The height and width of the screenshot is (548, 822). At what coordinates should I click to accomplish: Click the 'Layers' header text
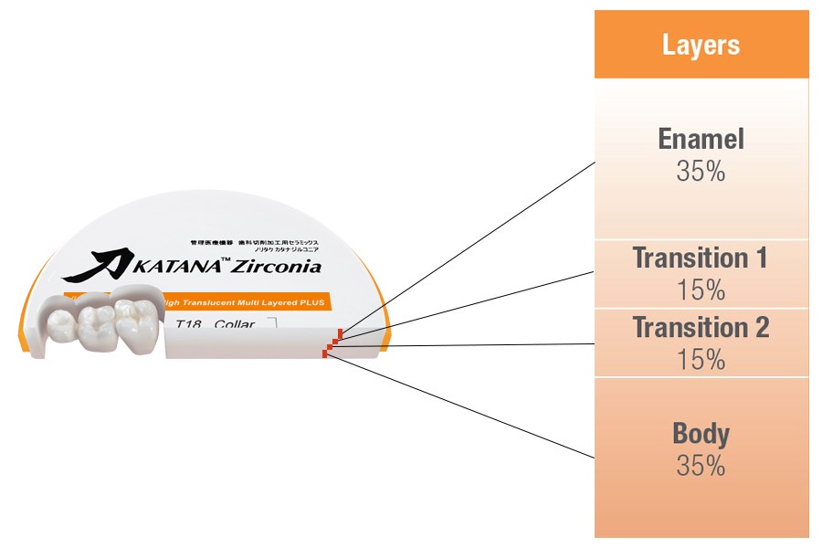(x=701, y=45)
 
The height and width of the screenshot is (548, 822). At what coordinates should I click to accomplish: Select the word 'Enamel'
(x=701, y=139)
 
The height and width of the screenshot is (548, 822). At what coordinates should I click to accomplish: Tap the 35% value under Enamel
(x=701, y=171)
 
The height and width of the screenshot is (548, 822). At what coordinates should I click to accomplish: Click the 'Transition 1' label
(x=701, y=258)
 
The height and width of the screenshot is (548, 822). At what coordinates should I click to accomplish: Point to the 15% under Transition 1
(x=701, y=290)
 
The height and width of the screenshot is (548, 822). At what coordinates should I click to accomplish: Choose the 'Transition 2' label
(x=701, y=327)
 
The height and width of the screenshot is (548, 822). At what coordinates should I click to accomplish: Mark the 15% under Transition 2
(x=701, y=359)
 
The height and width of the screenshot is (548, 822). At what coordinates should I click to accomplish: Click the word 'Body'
(x=701, y=433)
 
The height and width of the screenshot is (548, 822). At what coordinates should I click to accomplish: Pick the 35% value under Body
(x=701, y=466)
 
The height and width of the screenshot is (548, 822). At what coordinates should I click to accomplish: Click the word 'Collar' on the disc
(x=236, y=324)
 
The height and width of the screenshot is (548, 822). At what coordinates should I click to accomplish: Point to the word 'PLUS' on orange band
(x=309, y=302)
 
